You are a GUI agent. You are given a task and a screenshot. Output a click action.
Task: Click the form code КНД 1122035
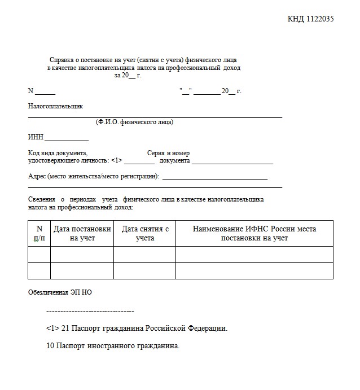310,19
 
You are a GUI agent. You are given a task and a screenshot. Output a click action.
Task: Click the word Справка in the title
62,60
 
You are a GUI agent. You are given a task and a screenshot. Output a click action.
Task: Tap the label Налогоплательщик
55,106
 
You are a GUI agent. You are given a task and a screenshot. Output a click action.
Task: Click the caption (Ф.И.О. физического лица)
134,122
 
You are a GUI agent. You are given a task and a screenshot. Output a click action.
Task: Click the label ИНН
36,137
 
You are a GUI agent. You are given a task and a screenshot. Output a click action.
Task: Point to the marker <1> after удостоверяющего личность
117,161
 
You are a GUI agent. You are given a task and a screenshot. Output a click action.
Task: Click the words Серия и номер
168,153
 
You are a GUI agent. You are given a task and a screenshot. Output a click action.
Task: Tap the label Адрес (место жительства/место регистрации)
94,176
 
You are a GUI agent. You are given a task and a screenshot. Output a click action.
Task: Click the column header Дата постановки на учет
82,234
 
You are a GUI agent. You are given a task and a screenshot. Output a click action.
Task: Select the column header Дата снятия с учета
145,234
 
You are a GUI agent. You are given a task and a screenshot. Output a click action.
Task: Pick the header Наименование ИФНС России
254,229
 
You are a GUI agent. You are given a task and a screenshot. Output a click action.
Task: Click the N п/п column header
39,234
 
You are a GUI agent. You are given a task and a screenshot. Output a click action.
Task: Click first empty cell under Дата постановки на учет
82,255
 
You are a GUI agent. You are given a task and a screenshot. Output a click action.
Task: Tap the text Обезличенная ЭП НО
60,292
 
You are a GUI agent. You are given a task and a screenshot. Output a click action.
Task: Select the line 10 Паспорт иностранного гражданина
113,345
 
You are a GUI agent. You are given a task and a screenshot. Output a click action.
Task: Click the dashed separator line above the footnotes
90,311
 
